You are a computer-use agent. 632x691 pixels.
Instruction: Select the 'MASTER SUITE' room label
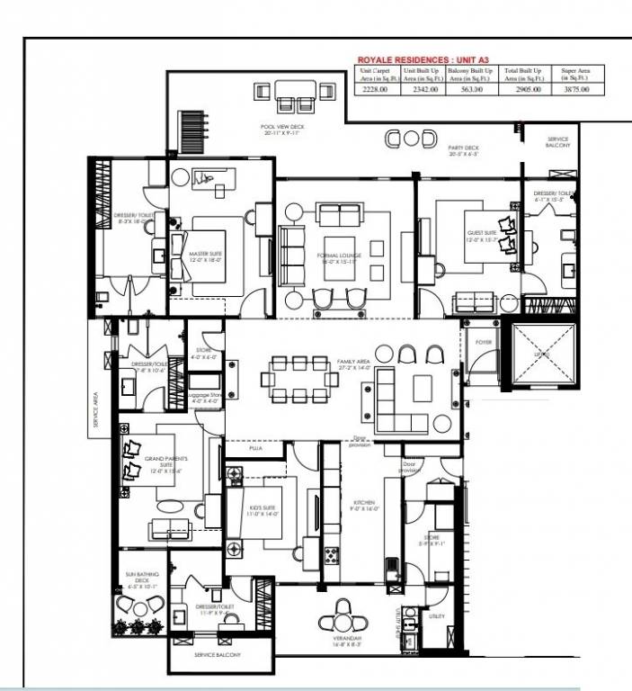pyautogui.click(x=205, y=254)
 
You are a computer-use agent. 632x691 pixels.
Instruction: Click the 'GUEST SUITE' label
pyautogui.click(x=481, y=236)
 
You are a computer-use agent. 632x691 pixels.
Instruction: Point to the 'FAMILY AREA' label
pyautogui.click(x=352, y=364)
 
